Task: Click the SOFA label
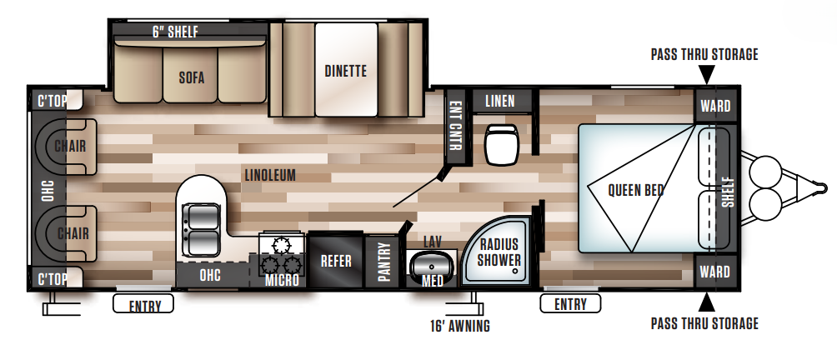click(x=191, y=79)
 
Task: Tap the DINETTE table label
click(x=345, y=72)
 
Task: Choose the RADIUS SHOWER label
click(x=499, y=252)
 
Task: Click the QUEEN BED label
click(x=635, y=190)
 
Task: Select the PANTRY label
click(x=383, y=262)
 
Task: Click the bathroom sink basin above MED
click(x=430, y=266)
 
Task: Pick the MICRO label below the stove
click(x=282, y=280)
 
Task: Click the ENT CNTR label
click(x=455, y=126)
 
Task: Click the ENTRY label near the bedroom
click(x=570, y=304)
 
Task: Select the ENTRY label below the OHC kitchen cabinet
click(x=143, y=305)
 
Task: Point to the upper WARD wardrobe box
click(x=714, y=107)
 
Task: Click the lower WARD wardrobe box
click(x=714, y=272)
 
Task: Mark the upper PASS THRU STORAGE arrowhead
click(x=706, y=76)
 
